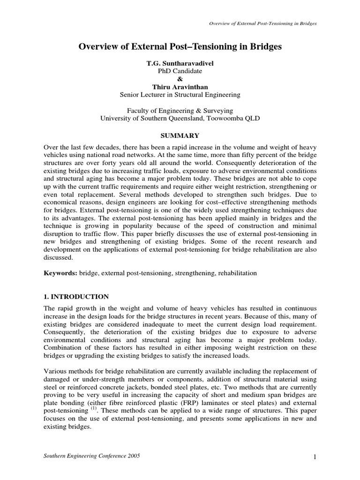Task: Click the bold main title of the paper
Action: pos(180,47)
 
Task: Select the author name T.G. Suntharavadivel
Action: pos(180,63)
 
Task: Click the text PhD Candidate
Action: pos(180,71)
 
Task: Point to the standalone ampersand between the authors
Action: pos(180,79)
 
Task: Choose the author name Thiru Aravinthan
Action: pos(180,87)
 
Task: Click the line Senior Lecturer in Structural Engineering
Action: pos(180,94)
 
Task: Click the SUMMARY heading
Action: pos(180,136)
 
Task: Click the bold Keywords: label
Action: pos(60,273)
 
